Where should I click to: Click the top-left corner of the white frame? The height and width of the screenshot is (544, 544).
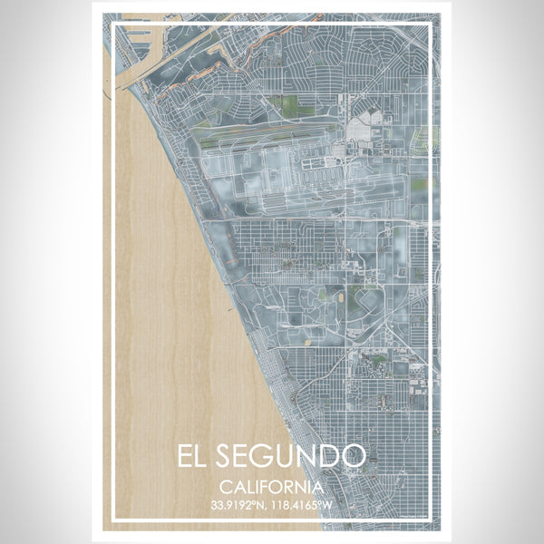point(112,24)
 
